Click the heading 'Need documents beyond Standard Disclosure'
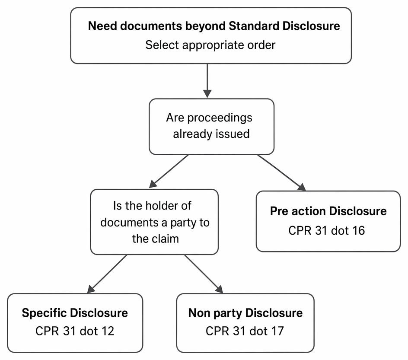pyautogui.click(x=214, y=26)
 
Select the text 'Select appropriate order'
pyautogui.click(x=210, y=45)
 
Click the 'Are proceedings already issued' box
pyautogui.click(x=211, y=127)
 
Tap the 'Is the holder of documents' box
pyautogui.click(x=154, y=222)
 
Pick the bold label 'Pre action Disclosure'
pyautogui.click(x=328, y=211)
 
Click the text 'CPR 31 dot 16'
pyautogui.click(x=327, y=230)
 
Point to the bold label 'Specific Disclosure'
pyautogui.click(x=75, y=313)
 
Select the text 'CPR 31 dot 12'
pyautogui.click(x=75, y=331)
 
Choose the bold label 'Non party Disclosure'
pyautogui.click(x=245, y=313)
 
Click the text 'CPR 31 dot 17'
pyautogui.click(x=245, y=331)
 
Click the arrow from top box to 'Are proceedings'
pyautogui.click(x=207, y=81)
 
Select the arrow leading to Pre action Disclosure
pyautogui.click(x=281, y=173)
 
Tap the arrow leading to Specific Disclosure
pyautogui.click(x=107, y=274)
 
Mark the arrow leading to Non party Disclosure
pyautogui.click(x=204, y=274)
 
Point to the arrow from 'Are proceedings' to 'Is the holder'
pyautogui.click(x=169, y=171)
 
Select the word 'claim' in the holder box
pyautogui.click(x=166, y=239)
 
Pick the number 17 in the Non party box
pyautogui.click(x=277, y=331)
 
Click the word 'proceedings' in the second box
pyautogui.click(x=220, y=118)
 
